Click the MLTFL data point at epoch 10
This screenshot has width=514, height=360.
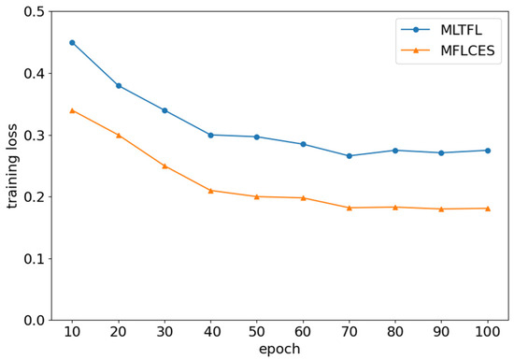click(x=72, y=42)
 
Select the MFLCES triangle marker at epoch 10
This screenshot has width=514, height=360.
click(x=72, y=110)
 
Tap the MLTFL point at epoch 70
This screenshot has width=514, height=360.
click(x=349, y=156)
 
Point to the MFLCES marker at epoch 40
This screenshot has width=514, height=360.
click(x=210, y=191)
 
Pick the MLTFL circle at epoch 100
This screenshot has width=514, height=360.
click(x=487, y=151)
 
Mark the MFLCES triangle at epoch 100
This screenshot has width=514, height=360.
click(x=487, y=209)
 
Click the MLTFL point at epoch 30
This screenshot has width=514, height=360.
click(x=164, y=110)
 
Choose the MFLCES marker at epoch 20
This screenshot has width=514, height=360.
click(x=119, y=135)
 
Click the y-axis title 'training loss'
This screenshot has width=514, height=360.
click(x=13, y=166)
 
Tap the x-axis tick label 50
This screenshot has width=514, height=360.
click(x=257, y=332)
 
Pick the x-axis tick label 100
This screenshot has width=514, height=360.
click(x=487, y=332)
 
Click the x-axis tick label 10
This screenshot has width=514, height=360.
click(x=72, y=332)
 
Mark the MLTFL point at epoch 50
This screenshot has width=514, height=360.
click(x=257, y=137)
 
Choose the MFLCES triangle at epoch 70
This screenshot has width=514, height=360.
click(x=349, y=208)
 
